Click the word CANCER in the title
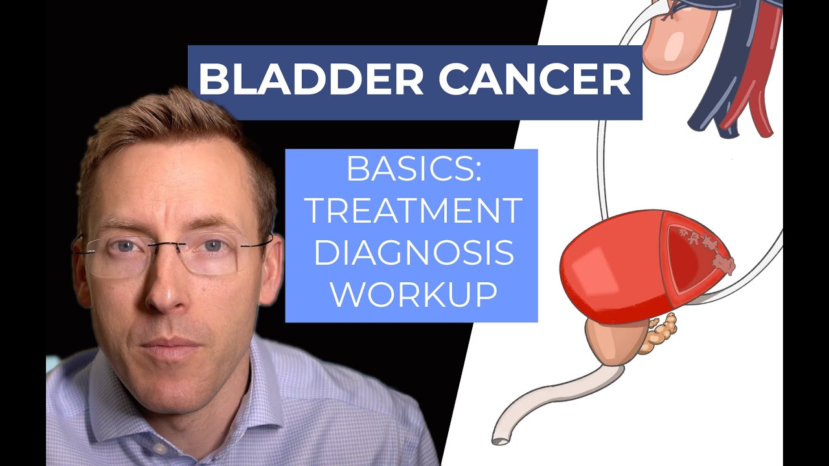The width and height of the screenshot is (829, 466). pyautogui.click(x=534, y=81)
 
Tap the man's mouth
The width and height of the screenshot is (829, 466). pyautogui.click(x=170, y=343)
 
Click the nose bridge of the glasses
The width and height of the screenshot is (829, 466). pyautogui.click(x=170, y=245)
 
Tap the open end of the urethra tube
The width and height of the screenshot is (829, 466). pyautogui.click(x=499, y=439)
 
